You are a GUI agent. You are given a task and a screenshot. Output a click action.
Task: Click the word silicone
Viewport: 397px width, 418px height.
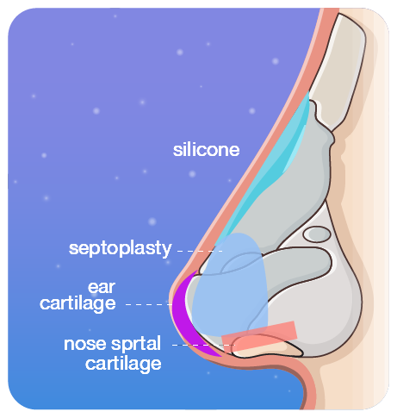pos(206,150)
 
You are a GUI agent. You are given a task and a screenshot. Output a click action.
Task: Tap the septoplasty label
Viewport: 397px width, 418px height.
pos(120,248)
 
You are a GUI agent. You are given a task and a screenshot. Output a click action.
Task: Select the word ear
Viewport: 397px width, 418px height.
pos(102,287)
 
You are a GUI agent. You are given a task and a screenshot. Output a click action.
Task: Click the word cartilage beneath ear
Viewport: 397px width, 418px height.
pos(78,303)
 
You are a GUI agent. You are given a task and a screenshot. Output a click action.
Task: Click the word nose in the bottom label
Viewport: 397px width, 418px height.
pos(85,344)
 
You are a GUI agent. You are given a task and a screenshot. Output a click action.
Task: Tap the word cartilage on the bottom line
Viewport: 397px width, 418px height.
pos(123,364)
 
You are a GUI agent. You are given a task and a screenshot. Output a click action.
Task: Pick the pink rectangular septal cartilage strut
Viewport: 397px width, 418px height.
pos(259,335)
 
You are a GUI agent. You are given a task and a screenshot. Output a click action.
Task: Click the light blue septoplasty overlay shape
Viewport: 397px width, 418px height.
pos(230,284)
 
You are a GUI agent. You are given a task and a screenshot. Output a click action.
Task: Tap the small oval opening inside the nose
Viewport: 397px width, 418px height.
pos(317,234)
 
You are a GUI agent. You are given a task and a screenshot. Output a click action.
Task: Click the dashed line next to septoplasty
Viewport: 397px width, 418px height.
pos(200,251)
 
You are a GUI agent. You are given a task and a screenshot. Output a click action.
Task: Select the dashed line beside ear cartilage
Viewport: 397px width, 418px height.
pos(149,304)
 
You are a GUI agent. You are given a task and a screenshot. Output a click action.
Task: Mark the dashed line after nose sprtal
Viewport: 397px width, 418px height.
pos(203,345)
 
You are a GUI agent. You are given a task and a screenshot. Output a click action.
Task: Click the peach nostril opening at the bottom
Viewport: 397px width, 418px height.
pos(267,348)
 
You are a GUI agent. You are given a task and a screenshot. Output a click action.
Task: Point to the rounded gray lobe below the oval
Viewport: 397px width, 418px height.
pos(299,265)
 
